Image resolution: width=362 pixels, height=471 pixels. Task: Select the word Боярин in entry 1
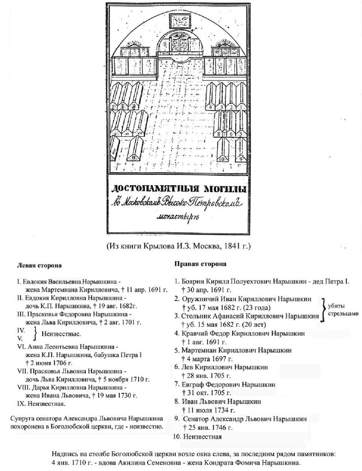[195, 281]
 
